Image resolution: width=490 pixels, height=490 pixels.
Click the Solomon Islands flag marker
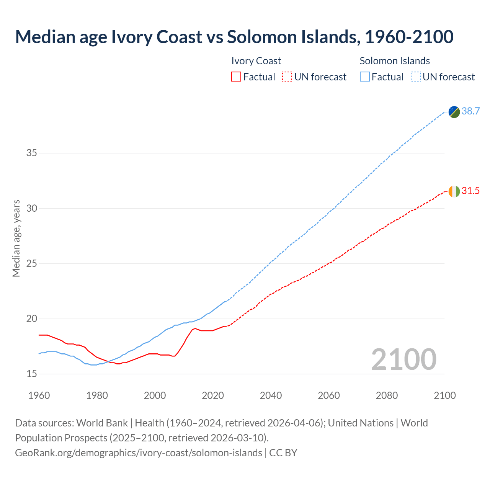[x=454, y=112]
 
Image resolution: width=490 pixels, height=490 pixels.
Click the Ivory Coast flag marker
[x=454, y=191]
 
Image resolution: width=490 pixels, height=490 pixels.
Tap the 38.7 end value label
[x=470, y=111]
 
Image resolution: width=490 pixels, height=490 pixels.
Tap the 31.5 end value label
[x=470, y=191]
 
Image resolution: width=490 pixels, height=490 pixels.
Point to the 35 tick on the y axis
[x=32, y=153]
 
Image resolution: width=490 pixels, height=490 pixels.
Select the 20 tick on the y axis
[x=32, y=318]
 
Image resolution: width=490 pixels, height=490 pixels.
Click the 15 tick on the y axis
[x=32, y=374]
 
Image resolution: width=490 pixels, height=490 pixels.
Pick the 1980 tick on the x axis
[x=97, y=395]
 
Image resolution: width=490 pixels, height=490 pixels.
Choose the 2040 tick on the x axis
[x=271, y=395]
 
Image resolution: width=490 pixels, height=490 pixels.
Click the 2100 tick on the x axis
[x=444, y=395]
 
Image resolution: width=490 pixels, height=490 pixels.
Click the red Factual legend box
[x=236, y=77]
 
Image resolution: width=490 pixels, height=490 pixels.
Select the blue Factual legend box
[x=365, y=77]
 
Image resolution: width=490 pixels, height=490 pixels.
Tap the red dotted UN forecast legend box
[x=287, y=77]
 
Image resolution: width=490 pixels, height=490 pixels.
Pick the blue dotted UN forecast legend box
[x=415, y=77]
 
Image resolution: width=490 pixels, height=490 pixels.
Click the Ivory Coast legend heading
[x=256, y=61]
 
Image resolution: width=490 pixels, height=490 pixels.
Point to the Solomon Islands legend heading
[x=395, y=61]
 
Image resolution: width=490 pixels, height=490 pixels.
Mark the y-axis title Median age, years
[x=16, y=238]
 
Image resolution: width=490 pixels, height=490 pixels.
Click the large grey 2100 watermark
[x=403, y=359]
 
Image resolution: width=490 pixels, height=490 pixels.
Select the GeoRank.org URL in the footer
[x=139, y=452]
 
